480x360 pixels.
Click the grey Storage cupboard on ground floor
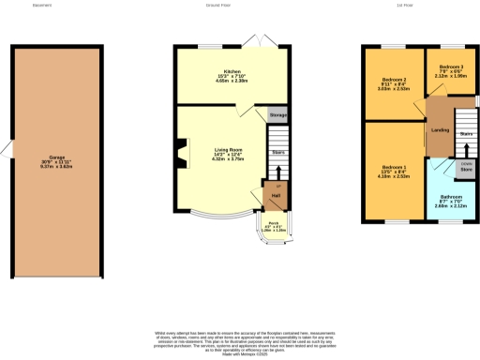pyautogui.click(x=277, y=114)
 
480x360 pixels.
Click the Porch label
pyautogui.click(x=273, y=224)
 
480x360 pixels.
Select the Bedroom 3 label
pyautogui.click(x=451, y=67)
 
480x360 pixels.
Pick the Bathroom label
pyautogui.click(x=451, y=198)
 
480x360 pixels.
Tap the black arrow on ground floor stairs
pyautogui.click(x=278, y=172)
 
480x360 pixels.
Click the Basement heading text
pyautogui.click(x=41, y=5)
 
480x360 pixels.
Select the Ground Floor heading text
pyautogui.click(x=218, y=5)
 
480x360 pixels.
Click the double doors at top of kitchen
pyautogui.click(x=252, y=41)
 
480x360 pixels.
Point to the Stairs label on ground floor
pyautogui.click(x=277, y=151)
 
